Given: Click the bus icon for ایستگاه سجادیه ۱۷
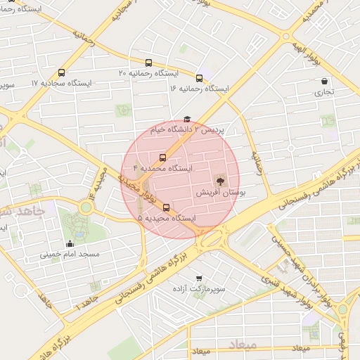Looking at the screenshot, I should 62,72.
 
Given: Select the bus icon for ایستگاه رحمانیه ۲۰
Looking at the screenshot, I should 148,63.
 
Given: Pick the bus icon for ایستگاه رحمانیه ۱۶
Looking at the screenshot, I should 200,78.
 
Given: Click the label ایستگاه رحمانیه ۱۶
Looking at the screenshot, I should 199,89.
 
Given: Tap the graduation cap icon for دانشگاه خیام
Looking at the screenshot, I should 186,120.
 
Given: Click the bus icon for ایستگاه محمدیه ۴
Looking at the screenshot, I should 163,157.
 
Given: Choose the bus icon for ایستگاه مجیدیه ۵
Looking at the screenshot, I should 167,207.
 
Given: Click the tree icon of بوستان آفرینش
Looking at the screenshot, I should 220,181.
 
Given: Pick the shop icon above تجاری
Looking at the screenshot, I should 323,81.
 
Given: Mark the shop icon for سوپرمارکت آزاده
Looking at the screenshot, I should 200,278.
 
